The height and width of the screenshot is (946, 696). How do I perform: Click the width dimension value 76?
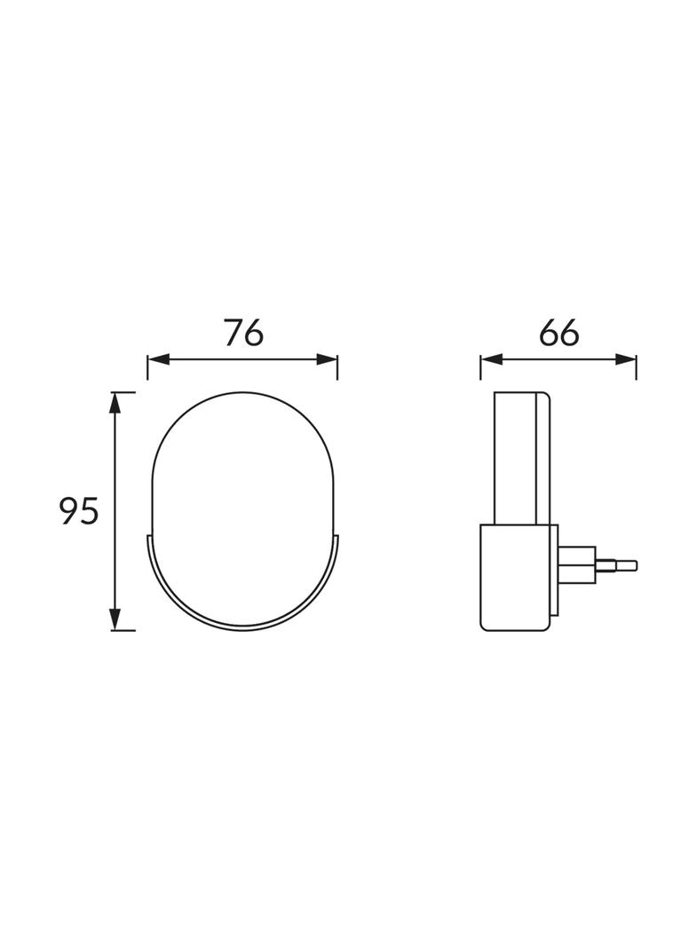(243, 333)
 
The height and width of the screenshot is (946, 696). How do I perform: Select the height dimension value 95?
(78, 511)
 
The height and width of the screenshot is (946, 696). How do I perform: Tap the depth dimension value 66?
(558, 333)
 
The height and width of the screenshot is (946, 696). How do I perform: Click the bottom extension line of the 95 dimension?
(124, 631)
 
